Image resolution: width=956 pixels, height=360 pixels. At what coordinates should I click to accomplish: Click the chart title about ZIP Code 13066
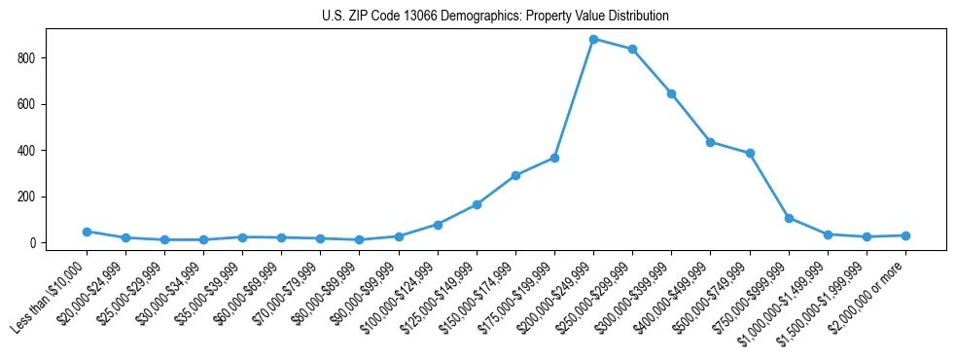(495, 16)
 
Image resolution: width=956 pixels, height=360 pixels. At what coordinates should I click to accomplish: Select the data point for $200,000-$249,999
(593, 39)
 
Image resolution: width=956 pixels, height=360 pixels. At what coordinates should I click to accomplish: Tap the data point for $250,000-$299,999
(632, 49)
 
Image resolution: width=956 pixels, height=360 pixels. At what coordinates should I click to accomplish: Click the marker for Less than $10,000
(87, 232)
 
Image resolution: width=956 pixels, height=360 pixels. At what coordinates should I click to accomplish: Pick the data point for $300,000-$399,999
(671, 93)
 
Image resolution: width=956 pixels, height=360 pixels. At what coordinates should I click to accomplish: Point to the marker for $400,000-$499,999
(711, 142)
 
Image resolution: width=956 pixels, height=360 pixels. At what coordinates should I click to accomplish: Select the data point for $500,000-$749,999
(750, 153)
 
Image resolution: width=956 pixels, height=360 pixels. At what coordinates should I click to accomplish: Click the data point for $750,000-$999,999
(789, 218)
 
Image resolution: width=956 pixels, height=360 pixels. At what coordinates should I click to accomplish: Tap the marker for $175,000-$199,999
(554, 158)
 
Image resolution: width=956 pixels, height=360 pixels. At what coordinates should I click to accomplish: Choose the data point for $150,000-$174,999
(515, 175)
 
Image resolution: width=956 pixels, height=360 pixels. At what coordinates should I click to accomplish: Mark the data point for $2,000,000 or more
(905, 235)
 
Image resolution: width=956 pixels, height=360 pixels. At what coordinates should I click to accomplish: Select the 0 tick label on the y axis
(32, 243)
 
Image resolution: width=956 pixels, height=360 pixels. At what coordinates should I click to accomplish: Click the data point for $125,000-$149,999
(477, 204)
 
